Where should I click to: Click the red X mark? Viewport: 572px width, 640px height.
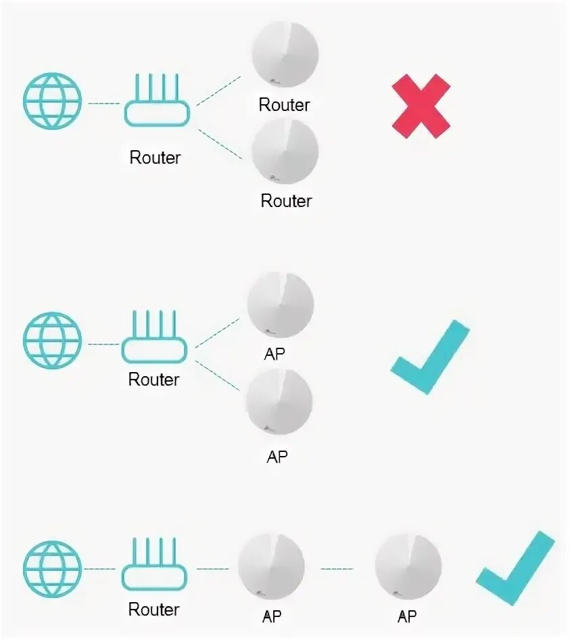(421, 106)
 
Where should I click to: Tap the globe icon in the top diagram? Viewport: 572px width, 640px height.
(53, 101)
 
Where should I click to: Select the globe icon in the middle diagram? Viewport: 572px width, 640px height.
(52, 340)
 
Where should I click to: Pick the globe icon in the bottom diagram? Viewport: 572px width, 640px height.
(52, 568)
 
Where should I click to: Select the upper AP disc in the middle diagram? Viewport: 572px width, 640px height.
(280, 304)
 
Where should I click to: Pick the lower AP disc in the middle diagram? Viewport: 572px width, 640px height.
(279, 403)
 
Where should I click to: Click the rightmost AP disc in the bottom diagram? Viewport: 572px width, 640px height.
(408, 567)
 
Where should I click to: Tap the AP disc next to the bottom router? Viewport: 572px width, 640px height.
(271, 567)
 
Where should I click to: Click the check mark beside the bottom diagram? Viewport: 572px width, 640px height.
(516, 568)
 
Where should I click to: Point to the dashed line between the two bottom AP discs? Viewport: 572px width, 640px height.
(337, 568)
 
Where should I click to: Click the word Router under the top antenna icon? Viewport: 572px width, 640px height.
(156, 158)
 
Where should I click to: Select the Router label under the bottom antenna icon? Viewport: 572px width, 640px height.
(154, 610)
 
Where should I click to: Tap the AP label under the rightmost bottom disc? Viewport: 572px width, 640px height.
(407, 616)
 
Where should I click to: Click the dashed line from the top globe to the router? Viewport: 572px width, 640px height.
(103, 104)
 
